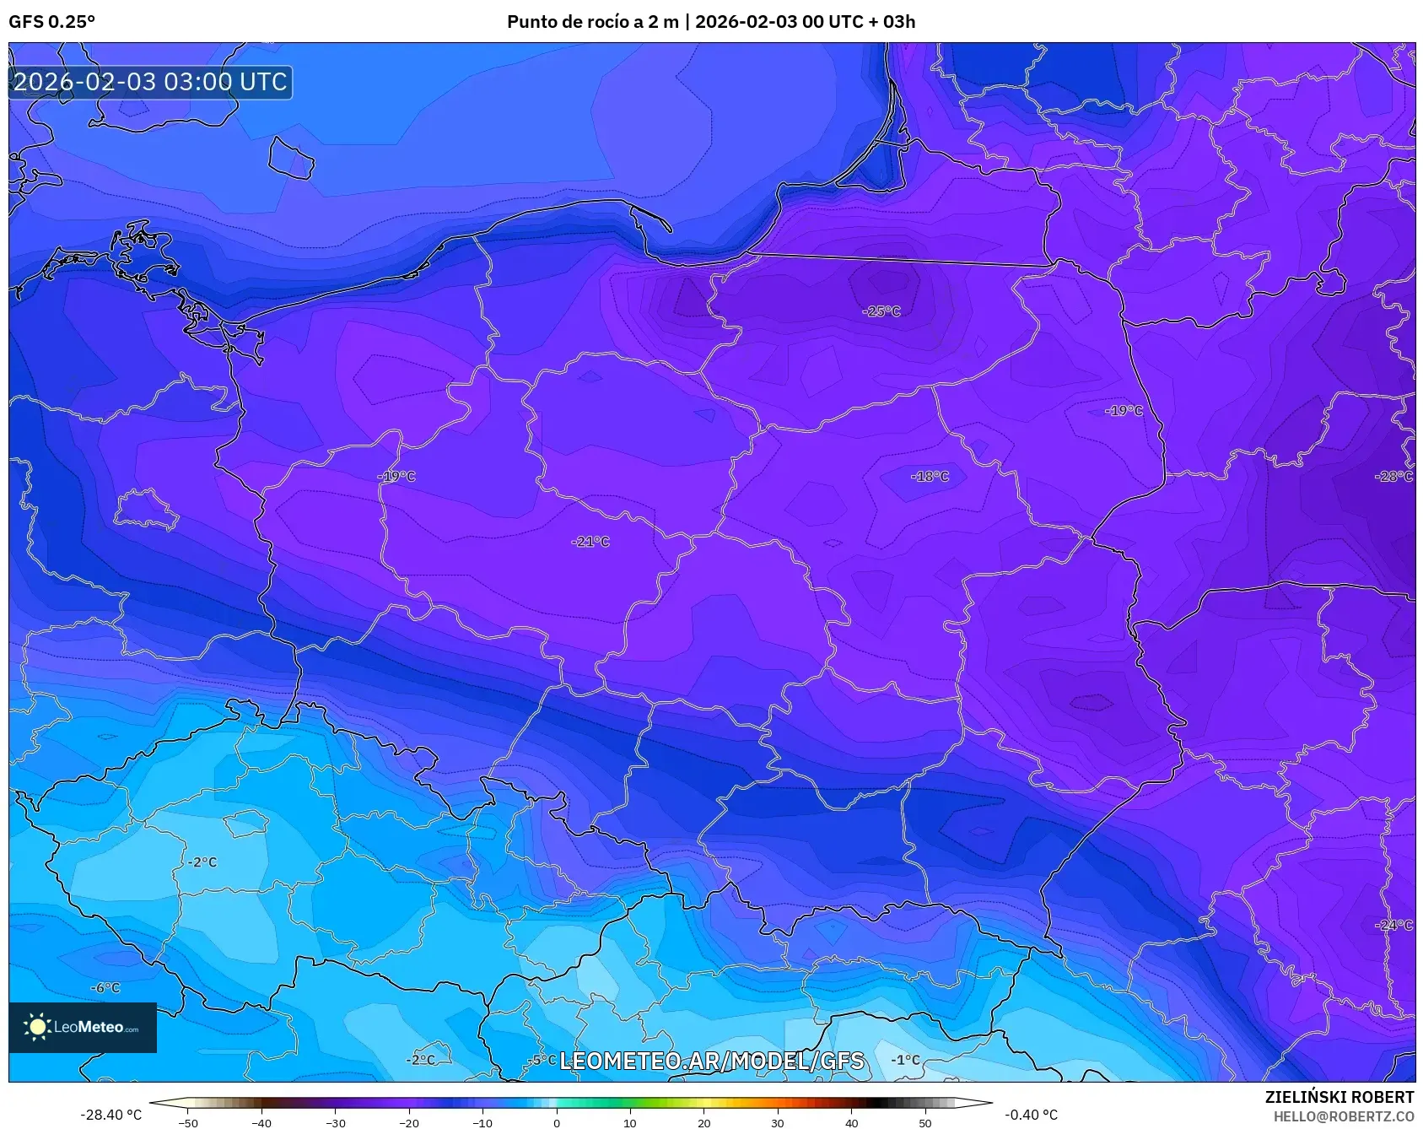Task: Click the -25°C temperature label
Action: [x=881, y=311]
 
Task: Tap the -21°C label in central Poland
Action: [x=590, y=542]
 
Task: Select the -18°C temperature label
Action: [x=930, y=477]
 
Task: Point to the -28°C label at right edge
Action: [x=1393, y=477]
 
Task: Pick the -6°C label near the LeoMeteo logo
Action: [x=106, y=988]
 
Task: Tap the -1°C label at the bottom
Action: [x=906, y=1060]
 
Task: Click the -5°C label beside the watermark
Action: [x=542, y=1060]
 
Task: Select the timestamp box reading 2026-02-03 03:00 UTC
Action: [x=151, y=82]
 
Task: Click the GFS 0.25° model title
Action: [x=51, y=22]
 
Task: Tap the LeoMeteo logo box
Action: [x=83, y=1027]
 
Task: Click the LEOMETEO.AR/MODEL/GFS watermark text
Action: [x=712, y=1061]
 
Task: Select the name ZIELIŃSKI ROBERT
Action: [x=1339, y=1097]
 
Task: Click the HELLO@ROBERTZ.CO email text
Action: [x=1343, y=1116]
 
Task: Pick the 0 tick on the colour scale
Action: [x=556, y=1122]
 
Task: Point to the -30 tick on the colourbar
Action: [x=335, y=1122]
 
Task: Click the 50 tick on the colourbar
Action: [x=925, y=1122]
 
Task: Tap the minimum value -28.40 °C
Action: [x=110, y=1115]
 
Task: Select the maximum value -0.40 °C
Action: [x=1031, y=1115]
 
